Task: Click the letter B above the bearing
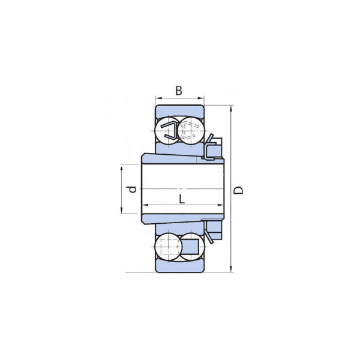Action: [x=179, y=91]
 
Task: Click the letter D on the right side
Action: [x=238, y=190]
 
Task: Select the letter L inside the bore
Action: [x=182, y=199]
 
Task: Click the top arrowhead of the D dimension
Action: [x=231, y=109]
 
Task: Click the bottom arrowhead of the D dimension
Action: [x=231, y=269]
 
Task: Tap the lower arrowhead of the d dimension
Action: [x=122, y=210]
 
